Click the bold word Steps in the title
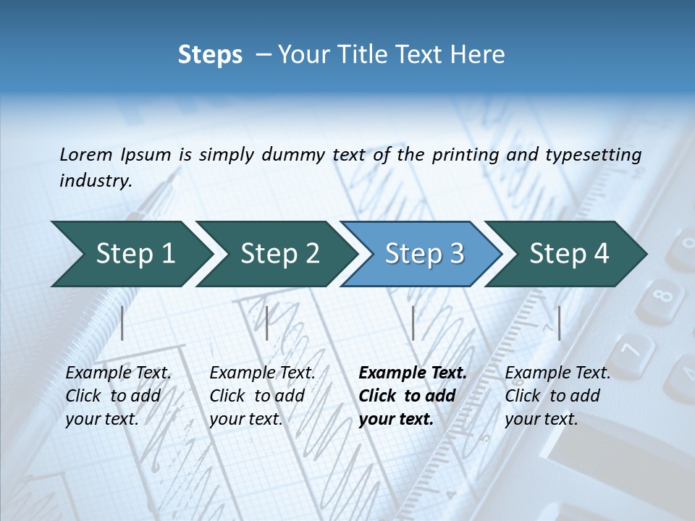[x=210, y=54]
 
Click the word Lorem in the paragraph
[x=85, y=154]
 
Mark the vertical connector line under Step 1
[x=122, y=323]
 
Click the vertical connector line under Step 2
[x=267, y=323]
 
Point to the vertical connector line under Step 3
[x=413, y=323]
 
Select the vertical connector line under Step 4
[x=559, y=323]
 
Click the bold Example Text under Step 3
[x=413, y=373]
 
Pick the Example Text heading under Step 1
[x=118, y=373]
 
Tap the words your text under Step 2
[x=245, y=419]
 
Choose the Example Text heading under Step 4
[x=557, y=373]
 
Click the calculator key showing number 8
[x=660, y=297]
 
